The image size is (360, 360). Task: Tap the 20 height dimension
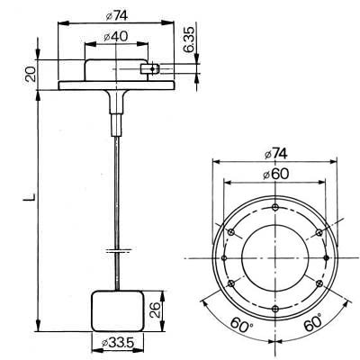30,74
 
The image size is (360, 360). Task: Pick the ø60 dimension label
273,174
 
